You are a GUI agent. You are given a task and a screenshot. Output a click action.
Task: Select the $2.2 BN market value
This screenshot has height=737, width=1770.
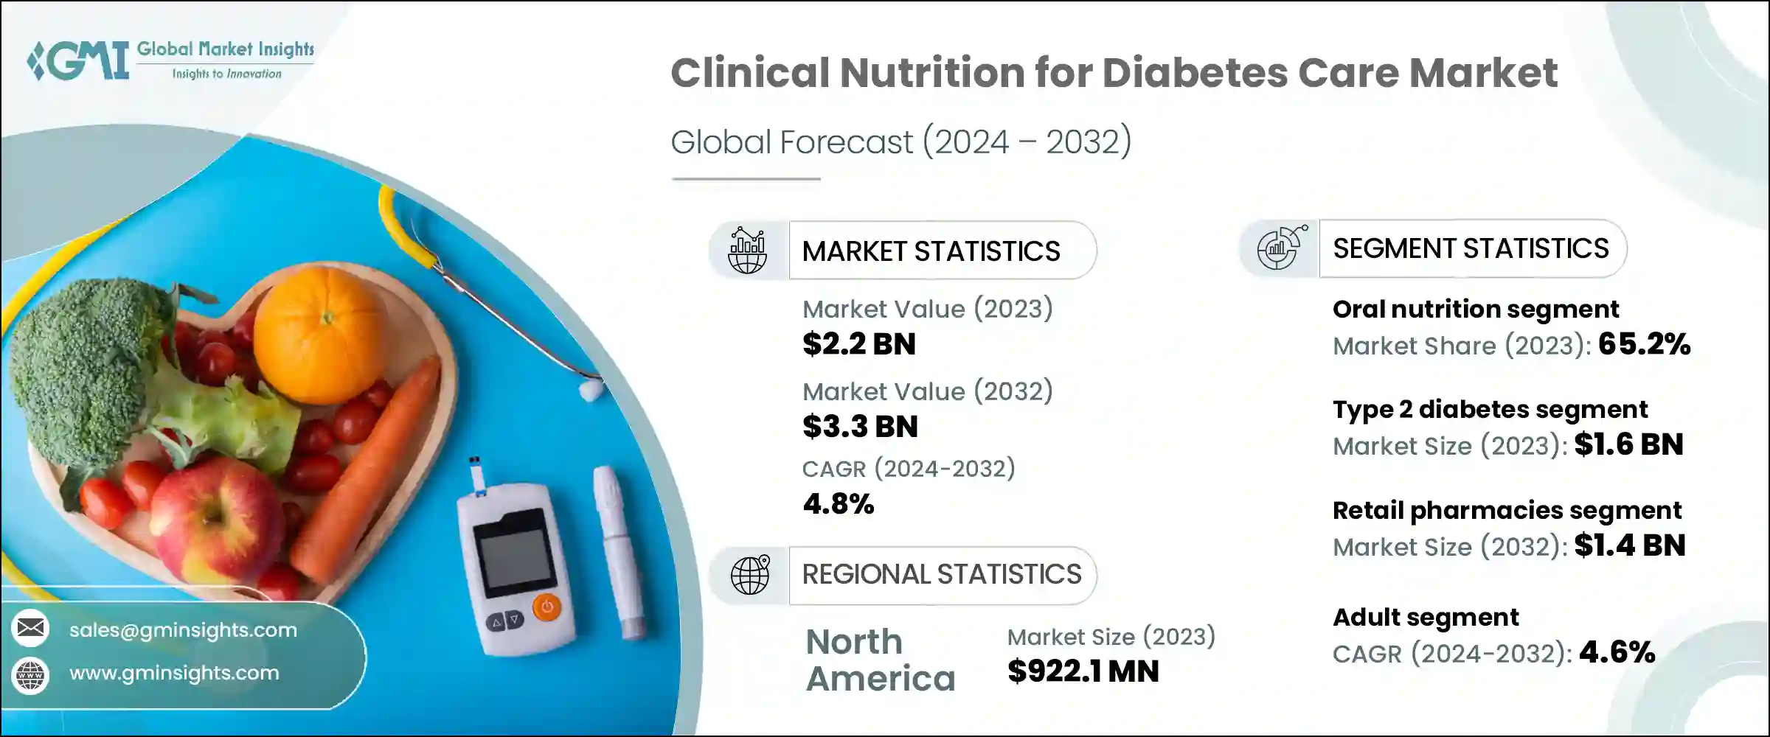coord(859,344)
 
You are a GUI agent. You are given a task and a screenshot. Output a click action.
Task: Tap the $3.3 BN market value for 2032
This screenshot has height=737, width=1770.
coord(860,427)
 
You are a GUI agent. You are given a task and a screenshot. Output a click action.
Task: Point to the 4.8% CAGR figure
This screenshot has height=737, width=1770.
coord(839,504)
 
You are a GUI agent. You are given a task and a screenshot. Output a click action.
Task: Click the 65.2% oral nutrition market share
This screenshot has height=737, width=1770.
coord(1644,344)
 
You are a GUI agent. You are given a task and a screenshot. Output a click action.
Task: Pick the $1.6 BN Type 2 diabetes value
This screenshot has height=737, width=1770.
coord(1628,444)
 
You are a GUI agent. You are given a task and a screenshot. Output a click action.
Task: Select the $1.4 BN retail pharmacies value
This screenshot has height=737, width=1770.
coord(1629,545)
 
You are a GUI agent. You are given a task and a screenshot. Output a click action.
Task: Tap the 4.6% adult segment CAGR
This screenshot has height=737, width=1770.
coord(1617,652)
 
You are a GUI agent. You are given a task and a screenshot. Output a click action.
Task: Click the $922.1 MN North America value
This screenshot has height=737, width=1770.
coord(1083,671)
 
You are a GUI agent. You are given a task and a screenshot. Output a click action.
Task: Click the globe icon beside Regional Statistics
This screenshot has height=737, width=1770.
coord(750,575)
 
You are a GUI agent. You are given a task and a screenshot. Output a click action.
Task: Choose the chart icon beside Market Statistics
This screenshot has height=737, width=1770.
coord(747,251)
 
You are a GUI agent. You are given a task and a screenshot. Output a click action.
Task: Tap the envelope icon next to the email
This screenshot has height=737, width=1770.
coord(31,629)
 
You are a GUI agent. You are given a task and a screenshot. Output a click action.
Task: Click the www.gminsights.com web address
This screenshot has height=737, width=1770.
coord(174,673)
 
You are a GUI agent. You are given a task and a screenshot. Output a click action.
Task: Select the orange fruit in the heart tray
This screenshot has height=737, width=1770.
coord(324,335)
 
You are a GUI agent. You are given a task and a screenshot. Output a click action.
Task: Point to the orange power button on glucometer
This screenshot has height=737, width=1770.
coord(546,608)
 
